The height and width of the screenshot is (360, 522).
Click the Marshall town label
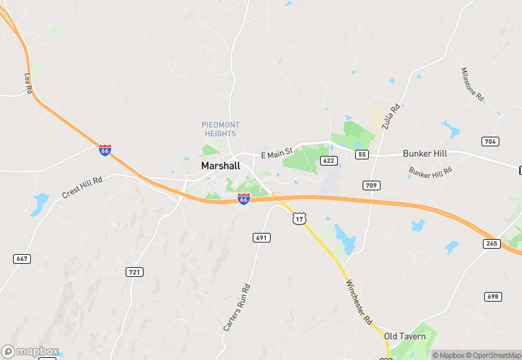point(220,166)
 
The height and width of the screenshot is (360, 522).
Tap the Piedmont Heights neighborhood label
point(220,129)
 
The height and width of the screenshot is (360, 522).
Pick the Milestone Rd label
point(473,85)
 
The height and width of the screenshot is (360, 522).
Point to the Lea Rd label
point(28,84)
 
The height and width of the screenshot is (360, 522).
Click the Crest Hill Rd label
point(82,188)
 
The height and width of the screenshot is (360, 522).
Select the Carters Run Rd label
point(237,308)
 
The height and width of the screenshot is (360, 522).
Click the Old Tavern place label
point(405,337)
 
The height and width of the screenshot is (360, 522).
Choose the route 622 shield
point(329,161)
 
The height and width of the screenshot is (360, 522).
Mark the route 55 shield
point(362,155)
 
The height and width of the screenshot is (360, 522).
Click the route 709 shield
point(372,185)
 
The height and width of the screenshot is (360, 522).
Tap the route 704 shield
point(490,142)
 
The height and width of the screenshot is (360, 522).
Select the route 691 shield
point(262,237)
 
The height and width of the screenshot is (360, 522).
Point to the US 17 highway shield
point(298,218)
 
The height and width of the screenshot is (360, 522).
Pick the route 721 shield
point(135,272)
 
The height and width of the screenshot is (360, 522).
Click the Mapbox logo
point(30,351)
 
